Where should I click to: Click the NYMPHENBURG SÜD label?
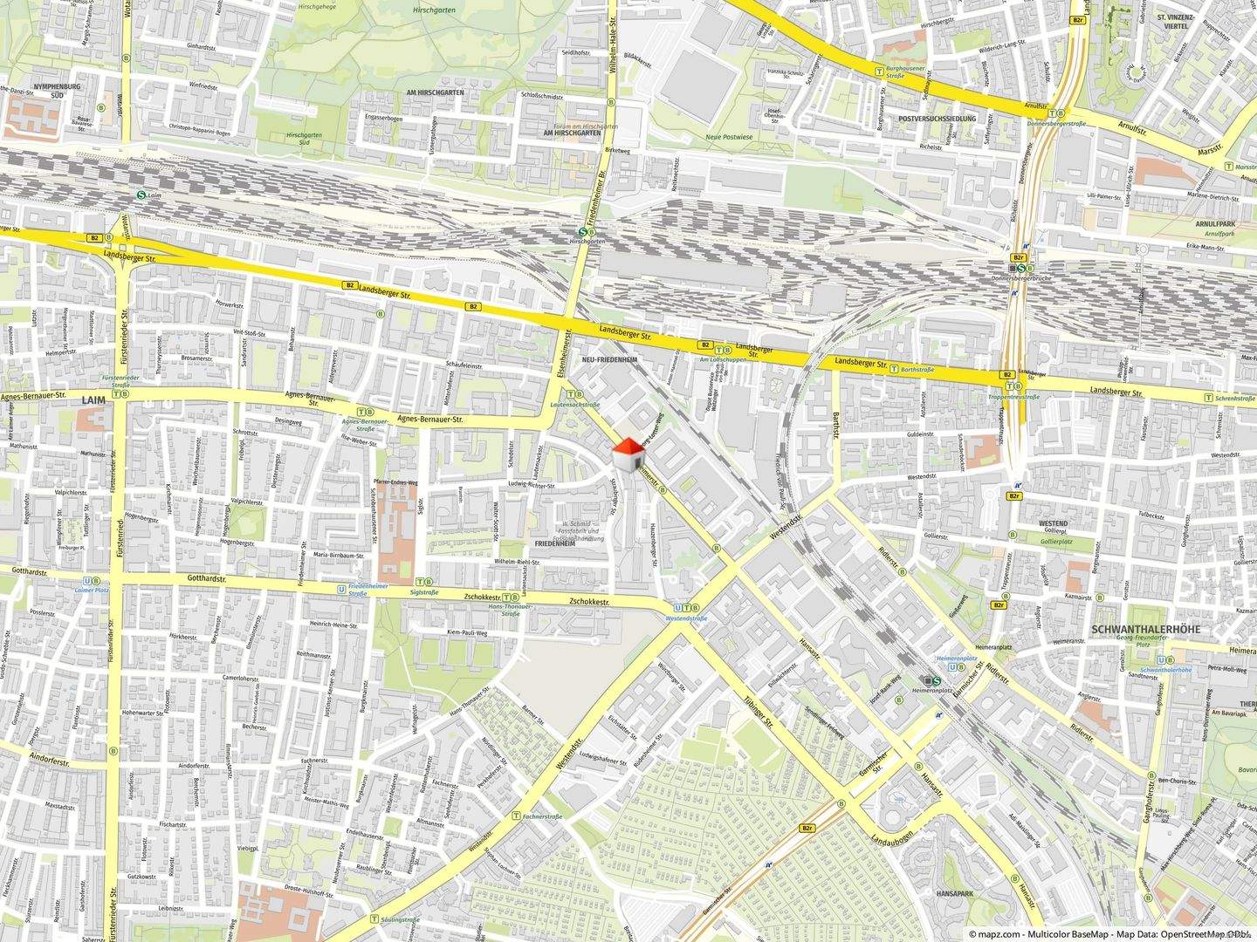pos(57,92)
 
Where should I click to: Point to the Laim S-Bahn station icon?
pos(141,197)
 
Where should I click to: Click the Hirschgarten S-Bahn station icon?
pos(582,233)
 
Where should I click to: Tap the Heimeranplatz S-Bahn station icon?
pos(937,681)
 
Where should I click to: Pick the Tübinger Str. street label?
pos(759,712)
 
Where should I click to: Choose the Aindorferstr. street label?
pos(49,757)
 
